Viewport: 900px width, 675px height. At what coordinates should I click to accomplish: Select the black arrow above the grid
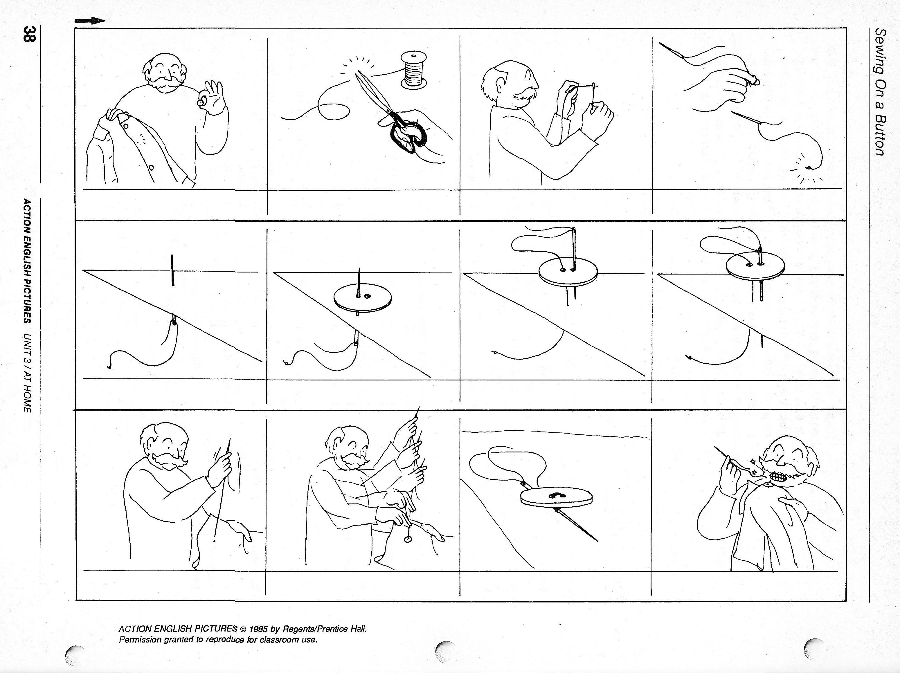[90, 21]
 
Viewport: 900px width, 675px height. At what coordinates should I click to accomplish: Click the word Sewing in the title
[880, 48]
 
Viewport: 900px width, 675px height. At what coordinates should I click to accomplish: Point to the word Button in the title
[880, 134]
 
